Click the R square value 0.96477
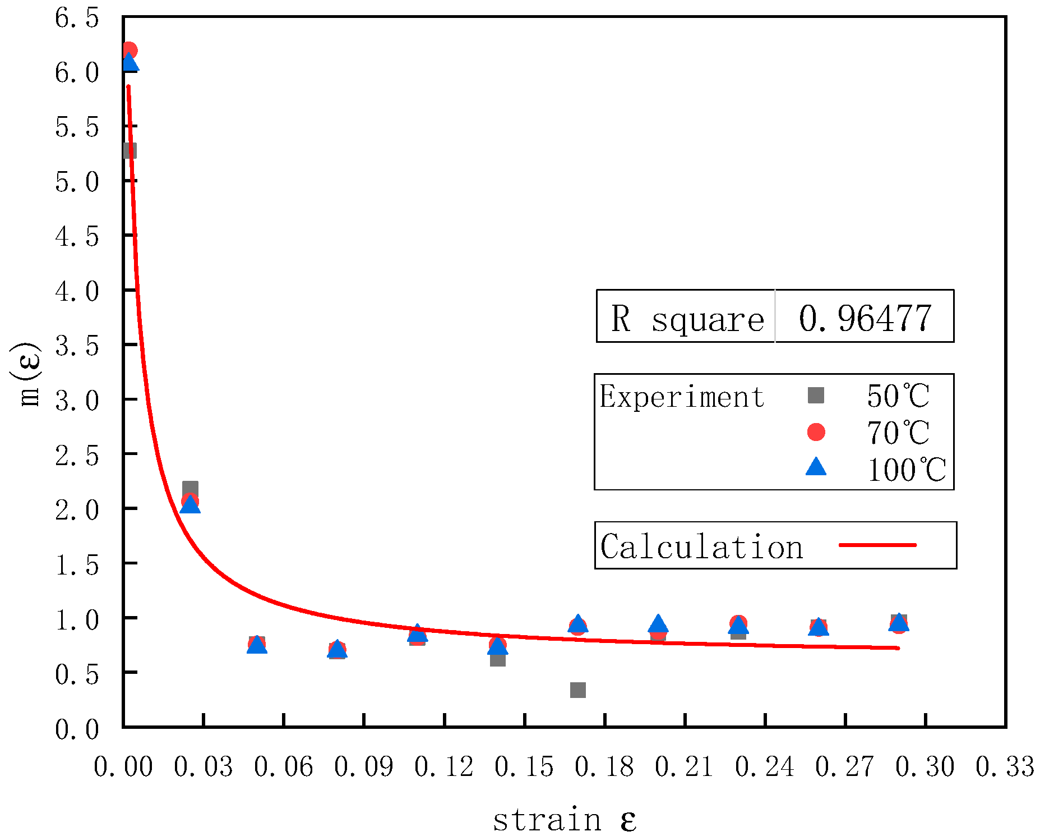(865, 318)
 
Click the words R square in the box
(687, 319)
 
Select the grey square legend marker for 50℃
(816, 395)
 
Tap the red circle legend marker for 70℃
(816, 431)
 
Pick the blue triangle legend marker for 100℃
(816, 467)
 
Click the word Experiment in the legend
(682, 397)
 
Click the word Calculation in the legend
(701, 547)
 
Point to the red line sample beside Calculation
(877, 545)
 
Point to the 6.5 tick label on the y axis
(77, 18)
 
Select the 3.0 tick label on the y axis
(77, 401)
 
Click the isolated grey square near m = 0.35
(577, 690)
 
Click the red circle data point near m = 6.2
(130, 49)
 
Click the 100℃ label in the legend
(906, 470)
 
